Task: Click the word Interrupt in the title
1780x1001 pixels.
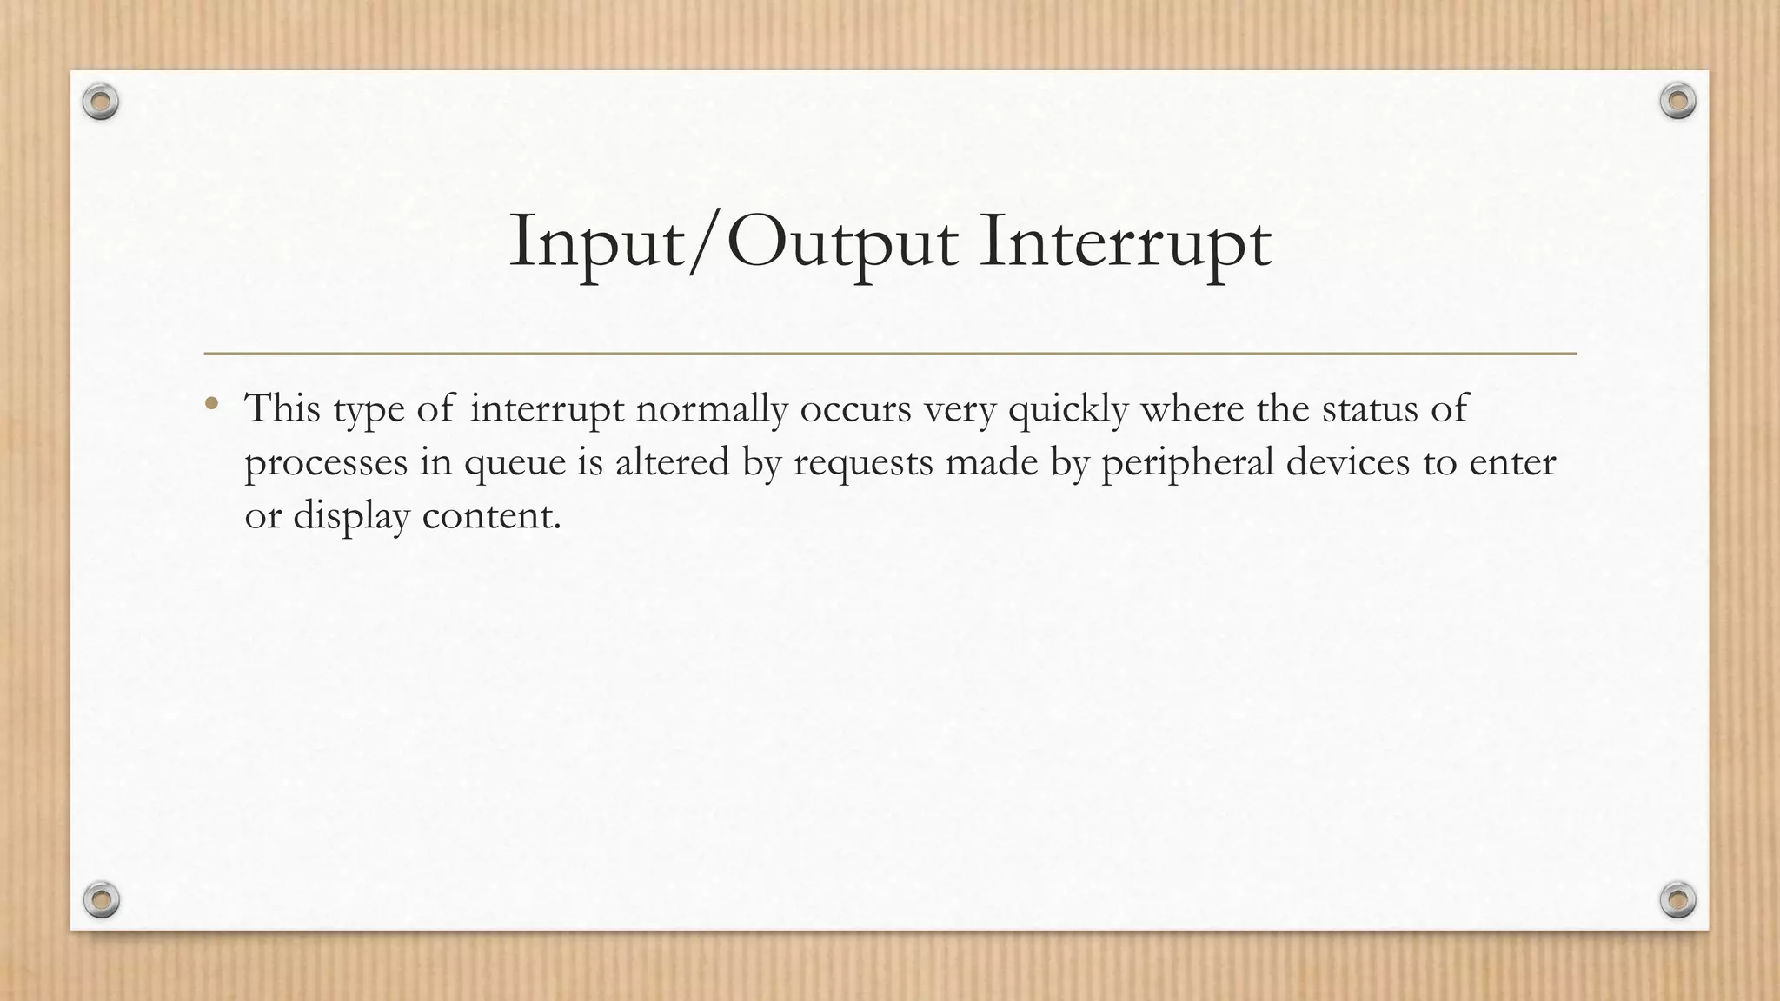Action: click(x=1125, y=242)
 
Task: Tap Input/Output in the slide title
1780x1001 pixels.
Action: click(x=734, y=242)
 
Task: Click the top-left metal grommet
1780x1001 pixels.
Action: click(x=101, y=103)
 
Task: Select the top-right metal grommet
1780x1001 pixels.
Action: click(x=1677, y=101)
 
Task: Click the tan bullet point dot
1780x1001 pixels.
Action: click(x=211, y=403)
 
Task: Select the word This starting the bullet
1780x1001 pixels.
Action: click(x=282, y=408)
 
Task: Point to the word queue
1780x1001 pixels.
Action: click(x=515, y=463)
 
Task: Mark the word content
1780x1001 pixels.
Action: click(x=491, y=515)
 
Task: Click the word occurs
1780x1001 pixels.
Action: click(x=855, y=409)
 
